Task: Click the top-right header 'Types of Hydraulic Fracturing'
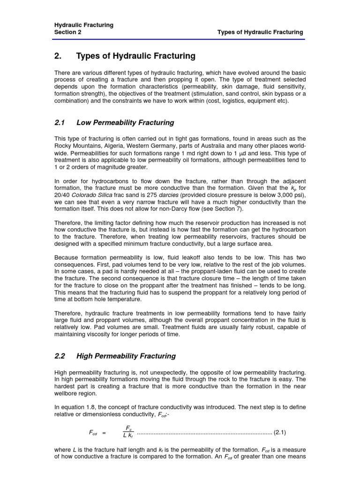260,32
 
